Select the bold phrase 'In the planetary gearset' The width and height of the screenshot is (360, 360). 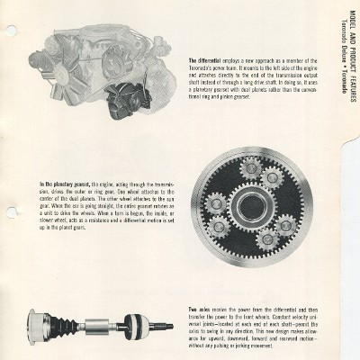(58, 183)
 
